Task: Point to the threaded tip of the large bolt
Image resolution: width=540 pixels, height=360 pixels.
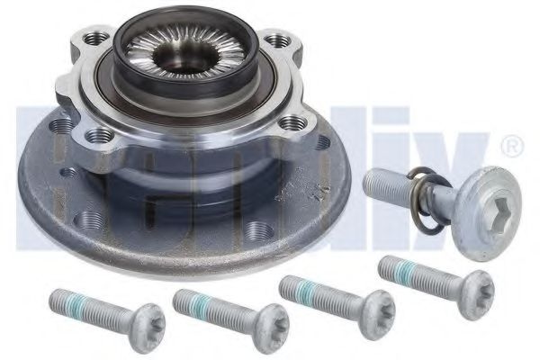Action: (376, 184)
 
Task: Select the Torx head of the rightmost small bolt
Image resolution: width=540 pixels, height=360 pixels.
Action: (472, 282)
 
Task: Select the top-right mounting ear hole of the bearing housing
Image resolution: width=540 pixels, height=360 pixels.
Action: (284, 40)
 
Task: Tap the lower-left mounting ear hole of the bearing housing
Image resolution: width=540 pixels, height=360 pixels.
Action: (97, 136)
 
